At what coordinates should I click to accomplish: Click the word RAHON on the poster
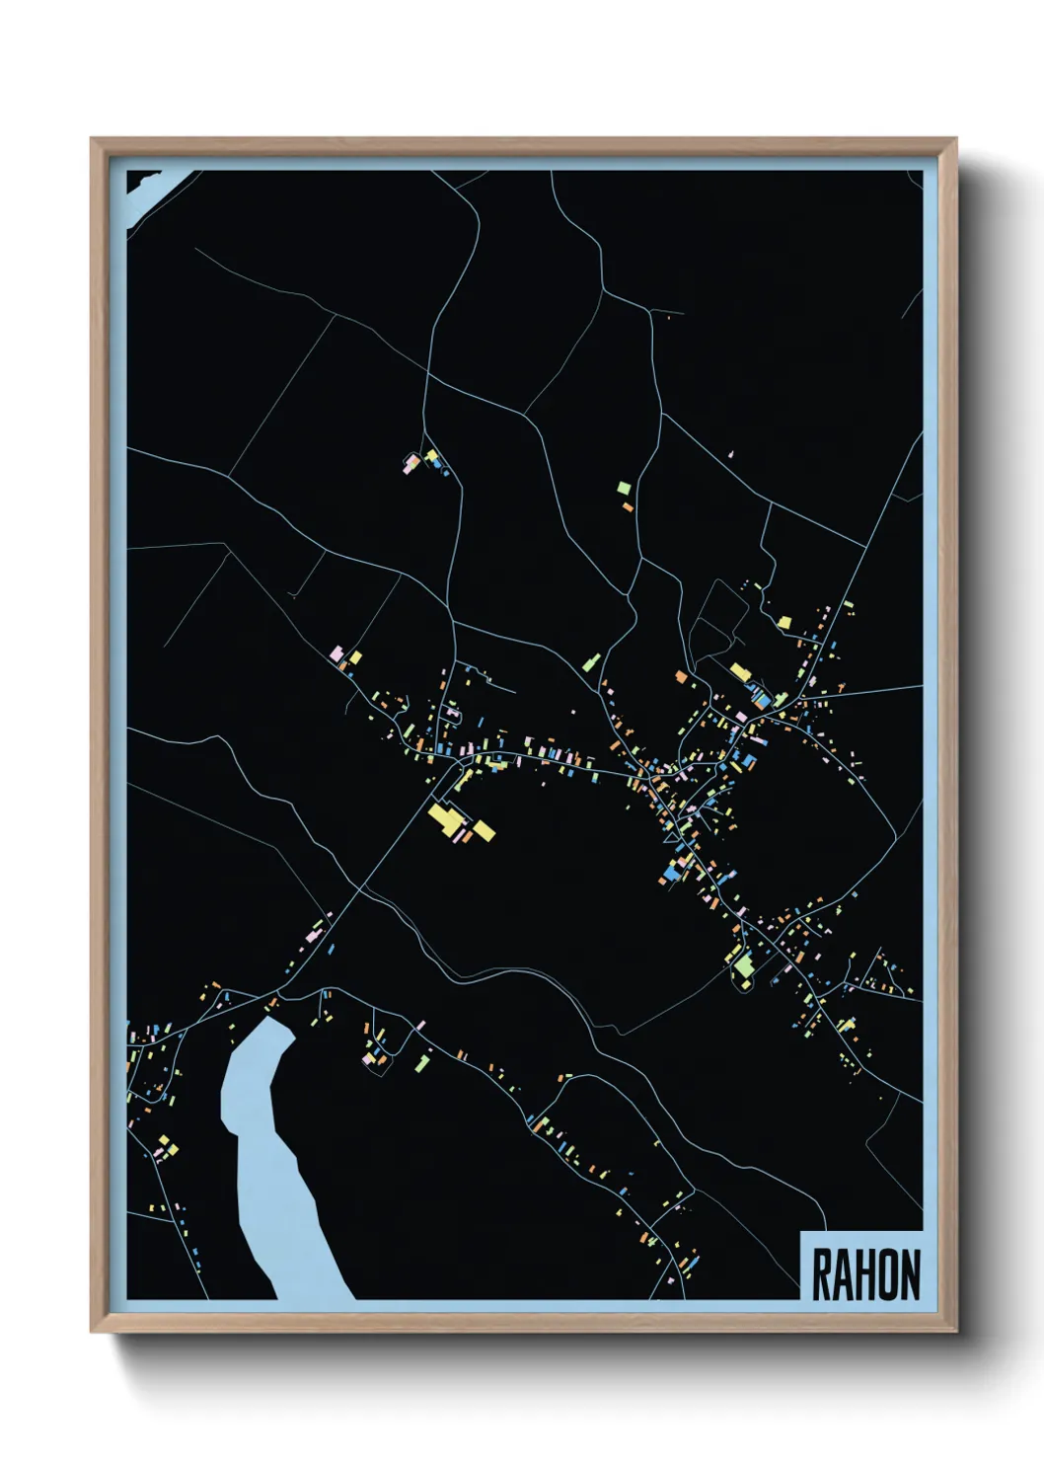click(x=865, y=1274)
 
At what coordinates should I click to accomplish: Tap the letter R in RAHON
click(x=822, y=1274)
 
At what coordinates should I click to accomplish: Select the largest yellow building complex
click(x=447, y=820)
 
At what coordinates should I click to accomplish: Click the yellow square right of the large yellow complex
click(x=484, y=830)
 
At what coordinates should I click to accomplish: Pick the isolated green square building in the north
click(x=623, y=488)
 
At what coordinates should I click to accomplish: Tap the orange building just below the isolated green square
click(x=628, y=506)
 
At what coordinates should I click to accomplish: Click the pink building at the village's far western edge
click(x=336, y=654)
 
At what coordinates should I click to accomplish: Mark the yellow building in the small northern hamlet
click(x=431, y=456)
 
